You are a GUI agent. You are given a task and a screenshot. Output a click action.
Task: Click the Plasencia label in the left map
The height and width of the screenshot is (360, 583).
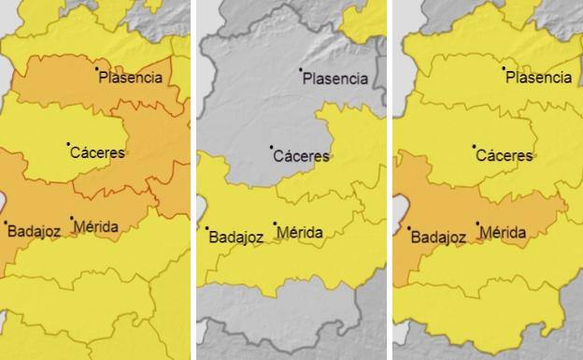pos(131,78)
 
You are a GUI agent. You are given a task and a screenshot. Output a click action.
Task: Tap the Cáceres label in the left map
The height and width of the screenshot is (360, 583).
pos(97,152)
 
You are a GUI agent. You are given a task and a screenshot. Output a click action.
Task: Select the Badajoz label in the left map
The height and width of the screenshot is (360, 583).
pos(34,231)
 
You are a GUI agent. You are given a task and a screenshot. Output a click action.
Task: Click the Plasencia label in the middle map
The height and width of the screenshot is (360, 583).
pos(335,79)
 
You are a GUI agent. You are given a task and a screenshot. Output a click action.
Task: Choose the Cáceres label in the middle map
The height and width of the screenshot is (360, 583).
pos(301,155)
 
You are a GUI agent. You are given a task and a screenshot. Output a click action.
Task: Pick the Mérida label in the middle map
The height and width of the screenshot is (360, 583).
pos(300,232)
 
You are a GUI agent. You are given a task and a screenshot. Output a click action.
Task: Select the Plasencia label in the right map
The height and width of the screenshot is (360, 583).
pos(538,78)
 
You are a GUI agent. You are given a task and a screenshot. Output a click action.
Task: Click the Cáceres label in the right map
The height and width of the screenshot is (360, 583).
pos(505,155)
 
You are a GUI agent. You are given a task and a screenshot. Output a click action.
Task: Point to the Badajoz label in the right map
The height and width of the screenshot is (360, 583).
pos(439,237)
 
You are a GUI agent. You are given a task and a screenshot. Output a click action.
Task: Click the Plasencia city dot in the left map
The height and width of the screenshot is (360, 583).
pos(96,68)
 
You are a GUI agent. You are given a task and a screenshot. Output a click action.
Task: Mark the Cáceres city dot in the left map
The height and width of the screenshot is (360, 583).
pos(68,144)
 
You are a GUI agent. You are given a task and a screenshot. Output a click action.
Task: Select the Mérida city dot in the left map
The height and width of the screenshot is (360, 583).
pos(72,218)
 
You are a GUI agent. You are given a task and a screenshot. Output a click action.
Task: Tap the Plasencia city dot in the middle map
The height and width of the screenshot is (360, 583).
pos(301,70)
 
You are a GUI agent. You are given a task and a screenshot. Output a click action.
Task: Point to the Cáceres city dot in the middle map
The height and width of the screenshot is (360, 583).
pos(271,147)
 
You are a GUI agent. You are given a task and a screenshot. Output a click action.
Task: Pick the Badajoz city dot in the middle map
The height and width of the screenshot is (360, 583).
pos(207,228)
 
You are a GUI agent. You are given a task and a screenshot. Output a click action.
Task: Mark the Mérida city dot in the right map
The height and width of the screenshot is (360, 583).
pos(477,223)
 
